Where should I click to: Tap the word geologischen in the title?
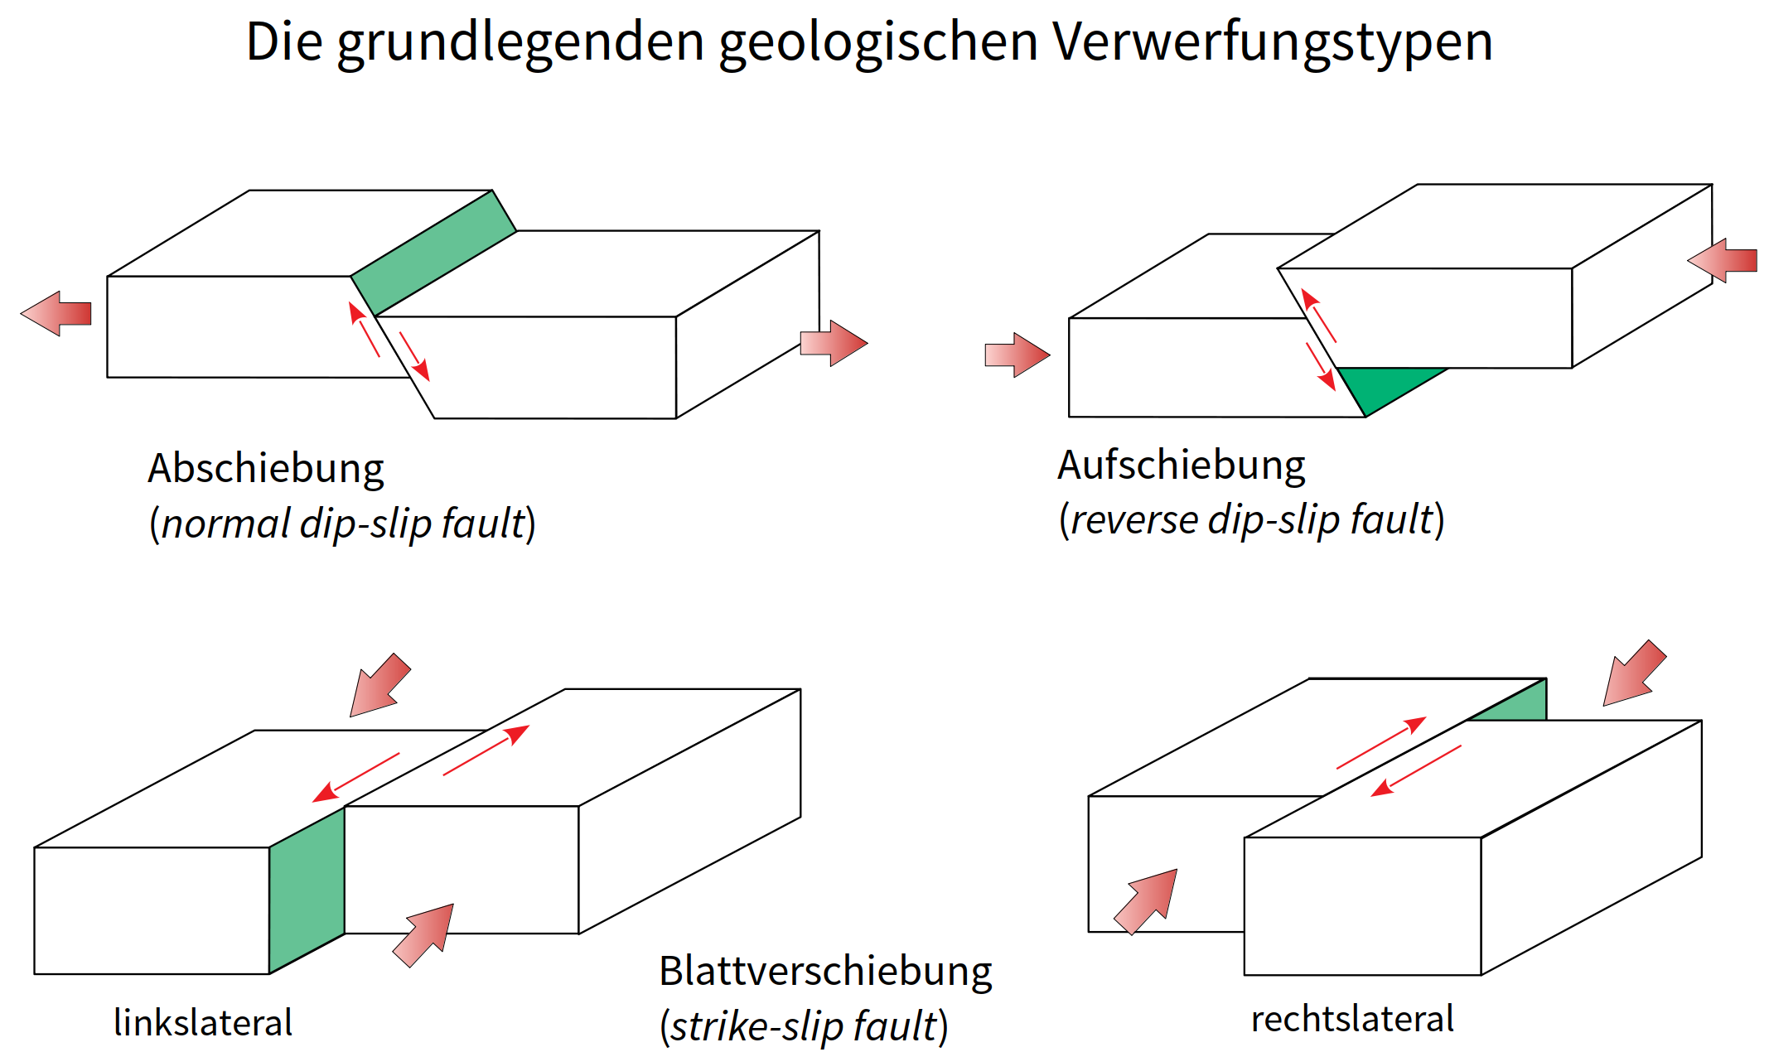coord(877,43)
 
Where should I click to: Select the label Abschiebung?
coord(265,469)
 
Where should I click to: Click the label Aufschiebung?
coord(1181,466)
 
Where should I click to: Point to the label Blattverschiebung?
coord(825,972)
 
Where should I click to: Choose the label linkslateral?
coord(203,1023)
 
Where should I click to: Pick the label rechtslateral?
coord(1352,1019)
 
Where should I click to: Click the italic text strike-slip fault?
coord(804,1027)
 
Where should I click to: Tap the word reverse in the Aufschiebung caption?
coord(1133,520)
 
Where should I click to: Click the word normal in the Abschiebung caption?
coord(225,524)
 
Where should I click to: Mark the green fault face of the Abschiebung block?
coord(433,253)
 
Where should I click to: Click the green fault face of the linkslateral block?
coord(307,890)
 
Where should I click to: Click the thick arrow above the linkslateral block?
coord(379,685)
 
